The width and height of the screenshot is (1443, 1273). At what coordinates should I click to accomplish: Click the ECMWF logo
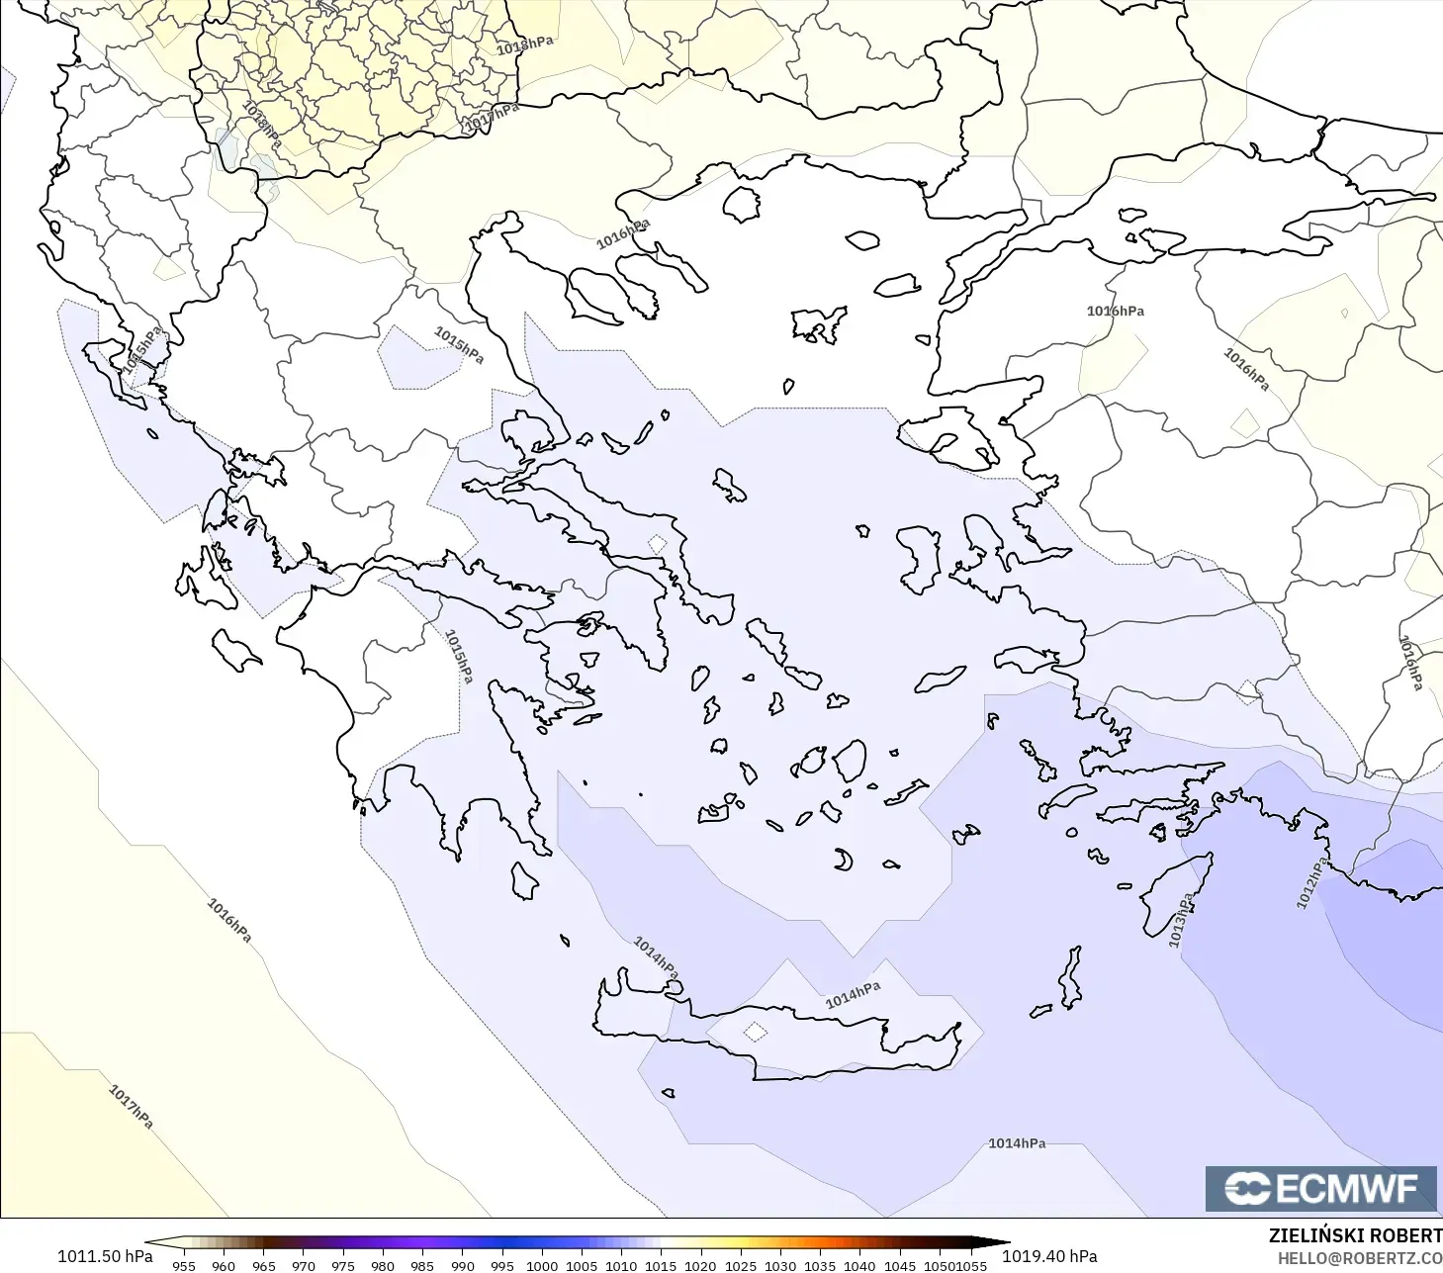tap(1320, 1188)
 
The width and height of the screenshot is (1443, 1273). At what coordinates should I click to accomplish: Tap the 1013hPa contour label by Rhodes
tap(1181, 920)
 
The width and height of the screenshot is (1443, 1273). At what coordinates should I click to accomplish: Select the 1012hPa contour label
tap(1311, 883)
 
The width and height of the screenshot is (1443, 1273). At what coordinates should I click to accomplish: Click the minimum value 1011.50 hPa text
tap(105, 1256)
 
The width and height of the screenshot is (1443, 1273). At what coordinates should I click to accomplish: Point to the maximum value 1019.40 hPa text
tap(1049, 1256)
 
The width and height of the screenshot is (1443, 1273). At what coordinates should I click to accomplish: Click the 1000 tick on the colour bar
tap(541, 1265)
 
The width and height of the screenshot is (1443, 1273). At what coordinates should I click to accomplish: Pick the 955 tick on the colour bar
tap(184, 1265)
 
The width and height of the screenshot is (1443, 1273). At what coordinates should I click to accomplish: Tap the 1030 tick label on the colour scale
tap(779, 1265)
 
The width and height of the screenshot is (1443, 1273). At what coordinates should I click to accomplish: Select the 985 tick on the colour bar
tap(422, 1265)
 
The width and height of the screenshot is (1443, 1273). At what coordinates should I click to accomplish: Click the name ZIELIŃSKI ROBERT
tap(1355, 1235)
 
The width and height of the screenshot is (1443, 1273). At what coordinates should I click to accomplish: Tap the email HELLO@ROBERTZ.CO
tap(1359, 1258)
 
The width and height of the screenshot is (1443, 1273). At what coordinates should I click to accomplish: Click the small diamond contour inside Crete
tap(755, 1032)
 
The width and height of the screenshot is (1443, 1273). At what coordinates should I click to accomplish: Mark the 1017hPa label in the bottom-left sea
tap(131, 1107)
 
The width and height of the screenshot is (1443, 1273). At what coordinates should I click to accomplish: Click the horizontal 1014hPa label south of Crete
tap(1017, 1143)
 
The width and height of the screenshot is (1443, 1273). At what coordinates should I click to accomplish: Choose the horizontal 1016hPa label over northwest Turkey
tap(1115, 311)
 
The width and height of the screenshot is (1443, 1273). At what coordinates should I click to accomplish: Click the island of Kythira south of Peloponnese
tap(524, 881)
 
